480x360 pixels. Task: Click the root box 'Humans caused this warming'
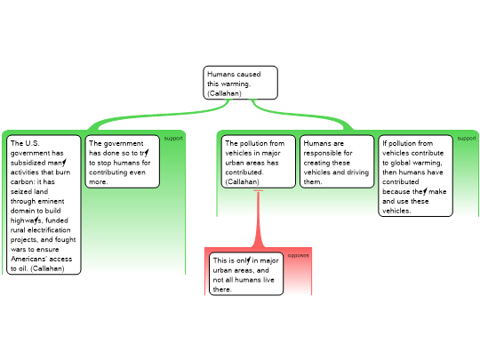click(x=240, y=83)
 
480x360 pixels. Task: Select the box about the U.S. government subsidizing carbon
click(x=44, y=204)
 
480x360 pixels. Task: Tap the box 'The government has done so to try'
click(x=123, y=162)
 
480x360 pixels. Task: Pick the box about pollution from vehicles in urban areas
click(x=259, y=162)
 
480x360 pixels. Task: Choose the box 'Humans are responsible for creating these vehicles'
click(x=337, y=162)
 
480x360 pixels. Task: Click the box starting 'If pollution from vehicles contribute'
click(x=415, y=176)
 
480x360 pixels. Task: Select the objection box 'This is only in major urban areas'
click(x=246, y=274)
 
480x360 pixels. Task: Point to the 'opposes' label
click(x=298, y=255)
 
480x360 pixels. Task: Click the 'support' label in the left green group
click(x=173, y=139)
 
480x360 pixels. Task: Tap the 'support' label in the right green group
click(x=467, y=139)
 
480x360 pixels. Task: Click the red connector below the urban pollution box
click(x=259, y=219)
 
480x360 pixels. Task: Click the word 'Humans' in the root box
click(x=218, y=74)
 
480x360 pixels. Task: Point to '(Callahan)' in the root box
click(x=224, y=93)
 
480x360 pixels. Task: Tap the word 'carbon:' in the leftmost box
click(x=22, y=182)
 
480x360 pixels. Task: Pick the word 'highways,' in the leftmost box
click(x=27, y=220)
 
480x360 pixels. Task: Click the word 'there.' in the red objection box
click(x=222, y=289)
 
